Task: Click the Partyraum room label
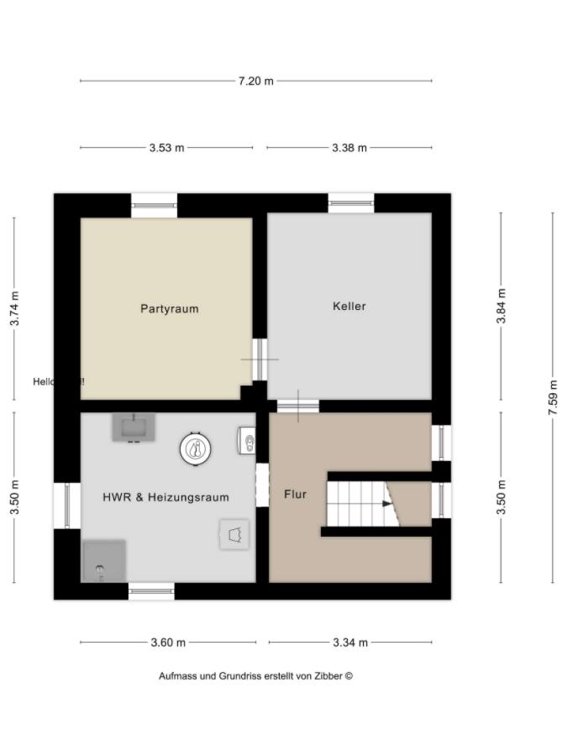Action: pos(169,308)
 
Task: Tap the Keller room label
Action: pos(349,307)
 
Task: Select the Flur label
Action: pos(295,494)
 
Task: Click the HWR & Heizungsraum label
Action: pos(165,497)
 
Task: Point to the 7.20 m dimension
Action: pos(255,81)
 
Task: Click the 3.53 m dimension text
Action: pos(166,148)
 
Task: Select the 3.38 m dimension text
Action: pos(349,148)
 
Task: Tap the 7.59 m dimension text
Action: pos(552,398)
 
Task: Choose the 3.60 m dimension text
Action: pos(168,643)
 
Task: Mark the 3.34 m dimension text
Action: pos(350,643)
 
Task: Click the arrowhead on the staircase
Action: pos(387,504)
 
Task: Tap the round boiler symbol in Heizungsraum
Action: pos(195,449)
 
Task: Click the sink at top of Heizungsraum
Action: pos(134,428)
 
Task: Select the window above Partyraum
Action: pos(155,204)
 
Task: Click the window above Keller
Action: pos(351,202)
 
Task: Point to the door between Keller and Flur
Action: pos(298,406)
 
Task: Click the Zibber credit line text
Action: pos(255,676)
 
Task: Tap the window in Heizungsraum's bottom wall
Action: pos(151,591)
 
